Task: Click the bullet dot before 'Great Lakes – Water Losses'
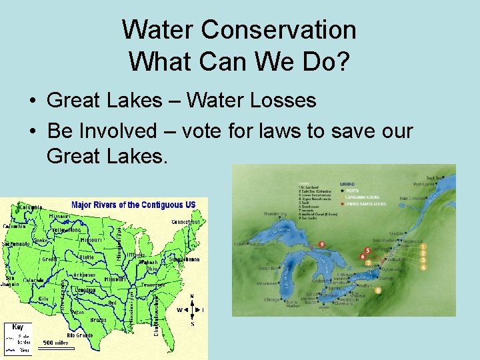click(x=32, y=101)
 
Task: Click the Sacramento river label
click(x=16, y=244)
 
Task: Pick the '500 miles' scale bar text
click(x=57, y=343)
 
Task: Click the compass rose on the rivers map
click(x=193, y=310)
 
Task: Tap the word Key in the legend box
click(x=17, y=327)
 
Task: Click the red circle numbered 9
click(x=322, y=245)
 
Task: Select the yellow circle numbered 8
click(x=378, y=290)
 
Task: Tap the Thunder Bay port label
click(x=275, y=214)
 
